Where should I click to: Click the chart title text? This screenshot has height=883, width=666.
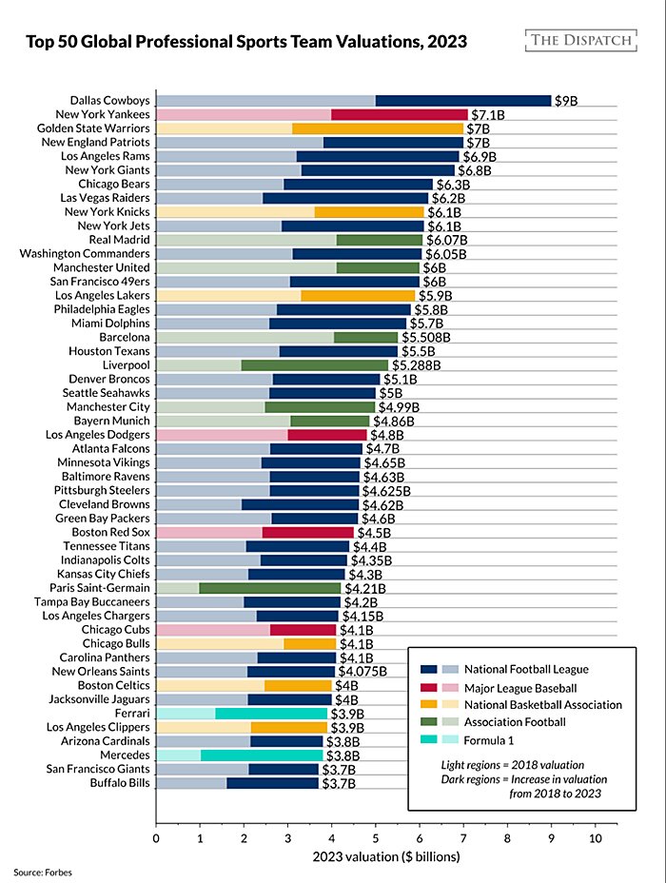[245, 43]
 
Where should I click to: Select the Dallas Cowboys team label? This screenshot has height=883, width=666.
[111, 100]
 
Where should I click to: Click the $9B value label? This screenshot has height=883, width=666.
[566, 100]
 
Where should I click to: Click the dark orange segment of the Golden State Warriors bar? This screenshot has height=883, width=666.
[377, 128]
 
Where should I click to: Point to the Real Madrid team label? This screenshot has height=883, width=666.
[125, 240]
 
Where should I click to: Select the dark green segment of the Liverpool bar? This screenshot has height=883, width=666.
[315, 365]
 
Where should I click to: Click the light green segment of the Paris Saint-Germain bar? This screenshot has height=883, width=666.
[178, 589]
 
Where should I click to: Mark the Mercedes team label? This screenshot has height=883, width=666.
[124, 756]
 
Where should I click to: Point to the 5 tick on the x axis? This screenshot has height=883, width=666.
[376, 838]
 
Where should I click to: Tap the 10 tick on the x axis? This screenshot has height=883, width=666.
[596, 838]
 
